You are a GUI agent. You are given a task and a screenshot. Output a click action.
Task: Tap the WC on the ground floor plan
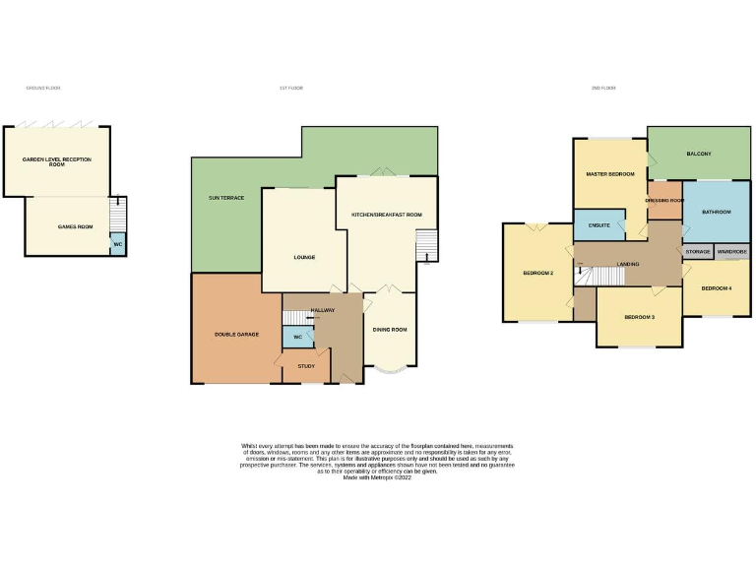(117, 244)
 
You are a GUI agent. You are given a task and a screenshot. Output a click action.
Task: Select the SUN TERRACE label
(226, 198)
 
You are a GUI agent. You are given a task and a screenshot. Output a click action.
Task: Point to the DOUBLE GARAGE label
(236, 335)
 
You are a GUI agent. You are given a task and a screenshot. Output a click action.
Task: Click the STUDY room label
(306, 366)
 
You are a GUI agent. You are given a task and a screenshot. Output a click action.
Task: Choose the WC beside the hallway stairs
(297, 337)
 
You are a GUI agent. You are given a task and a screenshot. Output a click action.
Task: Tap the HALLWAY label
(323, 310)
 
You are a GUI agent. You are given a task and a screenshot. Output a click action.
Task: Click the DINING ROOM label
(390, 330)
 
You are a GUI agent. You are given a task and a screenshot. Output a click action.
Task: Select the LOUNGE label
(304, 258)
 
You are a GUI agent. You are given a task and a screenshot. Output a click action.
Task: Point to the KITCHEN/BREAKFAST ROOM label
(387, 215)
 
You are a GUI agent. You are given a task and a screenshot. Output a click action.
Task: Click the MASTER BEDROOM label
(610, 174)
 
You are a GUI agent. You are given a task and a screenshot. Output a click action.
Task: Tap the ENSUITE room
(598, 226)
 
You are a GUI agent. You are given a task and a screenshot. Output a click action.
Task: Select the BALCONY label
(699, 155)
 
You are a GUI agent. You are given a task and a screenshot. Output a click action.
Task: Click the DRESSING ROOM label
(664, 201)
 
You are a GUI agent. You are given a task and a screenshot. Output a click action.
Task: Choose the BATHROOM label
(717, 212)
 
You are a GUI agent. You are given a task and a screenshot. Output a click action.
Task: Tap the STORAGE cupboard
(698, 252)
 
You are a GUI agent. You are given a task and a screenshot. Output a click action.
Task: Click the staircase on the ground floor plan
(117, 213)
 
